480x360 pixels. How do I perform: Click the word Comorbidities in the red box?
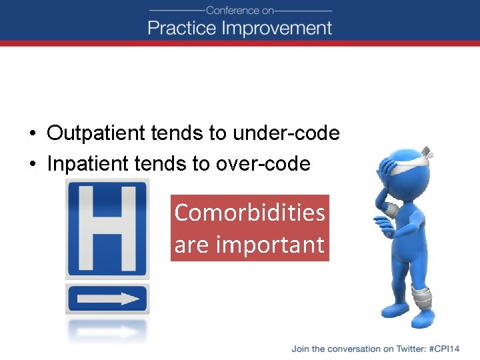(249, 213)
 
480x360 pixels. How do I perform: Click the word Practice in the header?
(181, 28)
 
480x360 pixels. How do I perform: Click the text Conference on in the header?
(240, 10)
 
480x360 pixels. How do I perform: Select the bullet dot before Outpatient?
(32, 134)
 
